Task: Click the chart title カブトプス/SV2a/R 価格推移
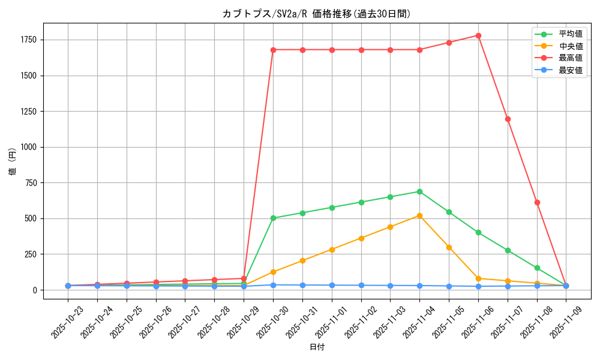coord(316,14)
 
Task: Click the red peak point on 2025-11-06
coord(478,35)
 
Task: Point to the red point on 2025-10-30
coord(273,50)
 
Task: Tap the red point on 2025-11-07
coord(508,119)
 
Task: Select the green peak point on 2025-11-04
coord(419,191)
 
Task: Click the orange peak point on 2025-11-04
coord(419,215)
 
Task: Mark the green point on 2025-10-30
coord(273,218)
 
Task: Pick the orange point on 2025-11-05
coord(449,247)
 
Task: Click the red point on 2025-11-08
coord(537,202)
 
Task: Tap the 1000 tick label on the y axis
coord(29,147)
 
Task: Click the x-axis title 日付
coord(316,347)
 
